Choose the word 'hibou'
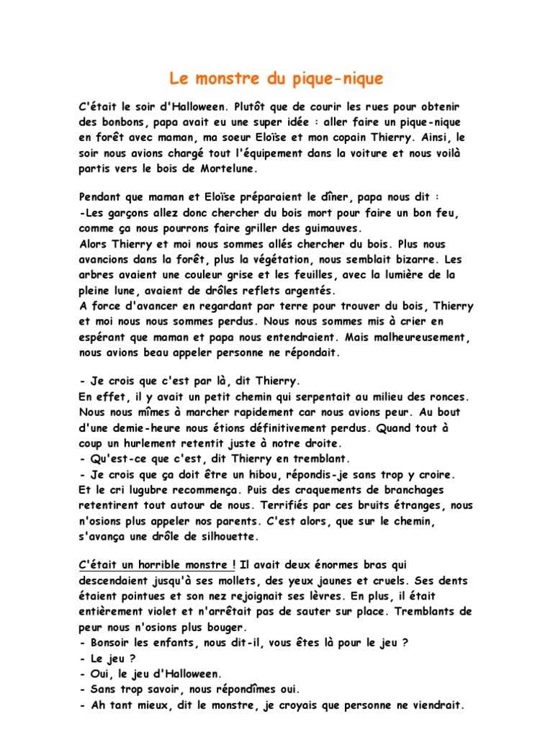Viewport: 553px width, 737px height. point(271,474)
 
